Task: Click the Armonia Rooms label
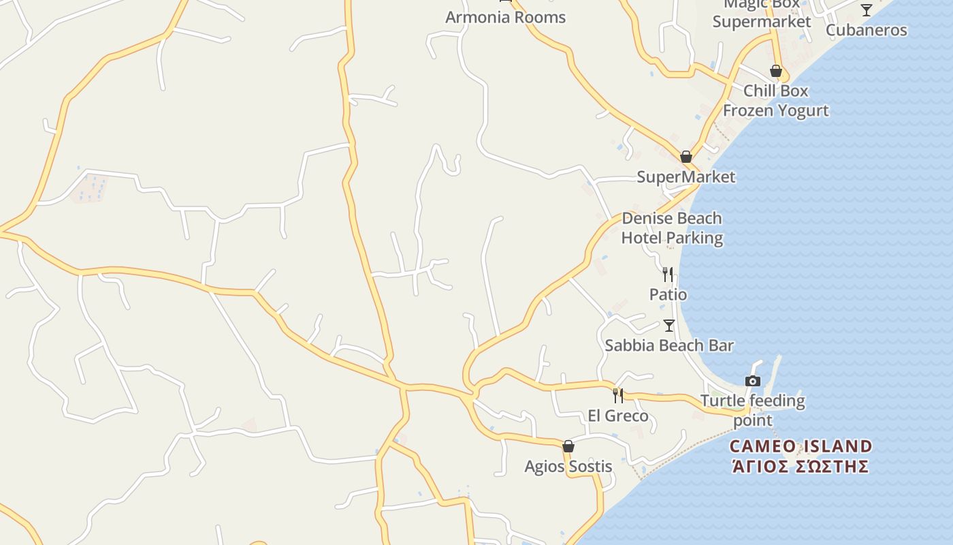tap(505, 17)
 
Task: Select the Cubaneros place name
tap(866, 30)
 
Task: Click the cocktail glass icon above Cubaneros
tap(866, 10)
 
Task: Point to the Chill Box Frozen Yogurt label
tap(775, 100)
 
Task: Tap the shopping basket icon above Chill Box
tap(775, 71)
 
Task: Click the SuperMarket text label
tap(685, 177)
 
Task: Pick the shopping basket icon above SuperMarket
tap(685, 157)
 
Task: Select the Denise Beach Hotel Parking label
tap(672, 228)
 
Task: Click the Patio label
tap(668, 294)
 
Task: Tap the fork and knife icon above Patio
tap(668, 274)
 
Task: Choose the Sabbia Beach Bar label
tap(669, 345)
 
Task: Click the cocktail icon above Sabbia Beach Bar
tap(669, 326)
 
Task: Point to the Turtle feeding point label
tap(753, 410)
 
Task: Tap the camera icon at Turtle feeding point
tap(753, 381)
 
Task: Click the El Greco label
tap(618, 416)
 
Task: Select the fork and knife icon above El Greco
tap(618, 395)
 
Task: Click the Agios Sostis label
tap(568, 467)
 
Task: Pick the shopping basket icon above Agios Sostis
tap(568, 446)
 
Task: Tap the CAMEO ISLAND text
tap(801, 447)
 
